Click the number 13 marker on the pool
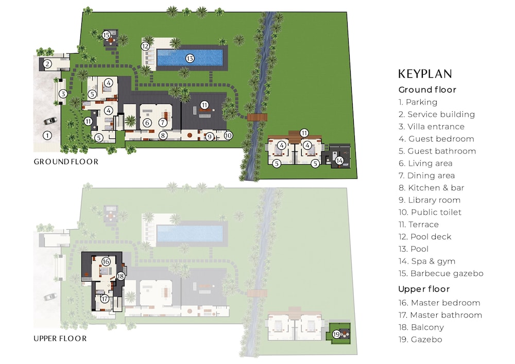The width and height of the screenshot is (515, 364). (x=190, y=58)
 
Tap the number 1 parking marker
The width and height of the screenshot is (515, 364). (x=47, y=135)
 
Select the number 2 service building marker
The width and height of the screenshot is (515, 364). (x=47, y=64)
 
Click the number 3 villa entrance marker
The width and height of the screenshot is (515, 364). (x=63, y=94)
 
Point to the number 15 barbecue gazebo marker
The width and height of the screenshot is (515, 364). (x=106, y=35)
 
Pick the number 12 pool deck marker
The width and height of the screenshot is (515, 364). (x=145, y=46)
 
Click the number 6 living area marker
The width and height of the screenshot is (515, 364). (x=147, y=123)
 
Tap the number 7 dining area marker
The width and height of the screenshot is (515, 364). (x=163, y=123)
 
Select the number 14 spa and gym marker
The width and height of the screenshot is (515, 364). (x=339, y=161)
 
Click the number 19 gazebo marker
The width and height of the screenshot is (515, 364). (x=336, y=335)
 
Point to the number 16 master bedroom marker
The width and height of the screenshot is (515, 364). (x=106, y=262)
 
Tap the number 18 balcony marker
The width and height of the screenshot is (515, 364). (x=121, y=276)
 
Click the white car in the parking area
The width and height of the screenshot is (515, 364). (x=50, y=121)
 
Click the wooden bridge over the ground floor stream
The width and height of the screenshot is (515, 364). (x=257, y=117)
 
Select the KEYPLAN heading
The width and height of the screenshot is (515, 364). (x=425, y=74)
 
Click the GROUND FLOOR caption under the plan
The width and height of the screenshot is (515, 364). (x=66, y=162)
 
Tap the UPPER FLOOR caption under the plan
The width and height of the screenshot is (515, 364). (x=60, y=338)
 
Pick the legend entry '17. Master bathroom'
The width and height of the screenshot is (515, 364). (x=440, y=315)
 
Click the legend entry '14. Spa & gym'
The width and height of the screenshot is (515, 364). (x=427, y=262)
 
